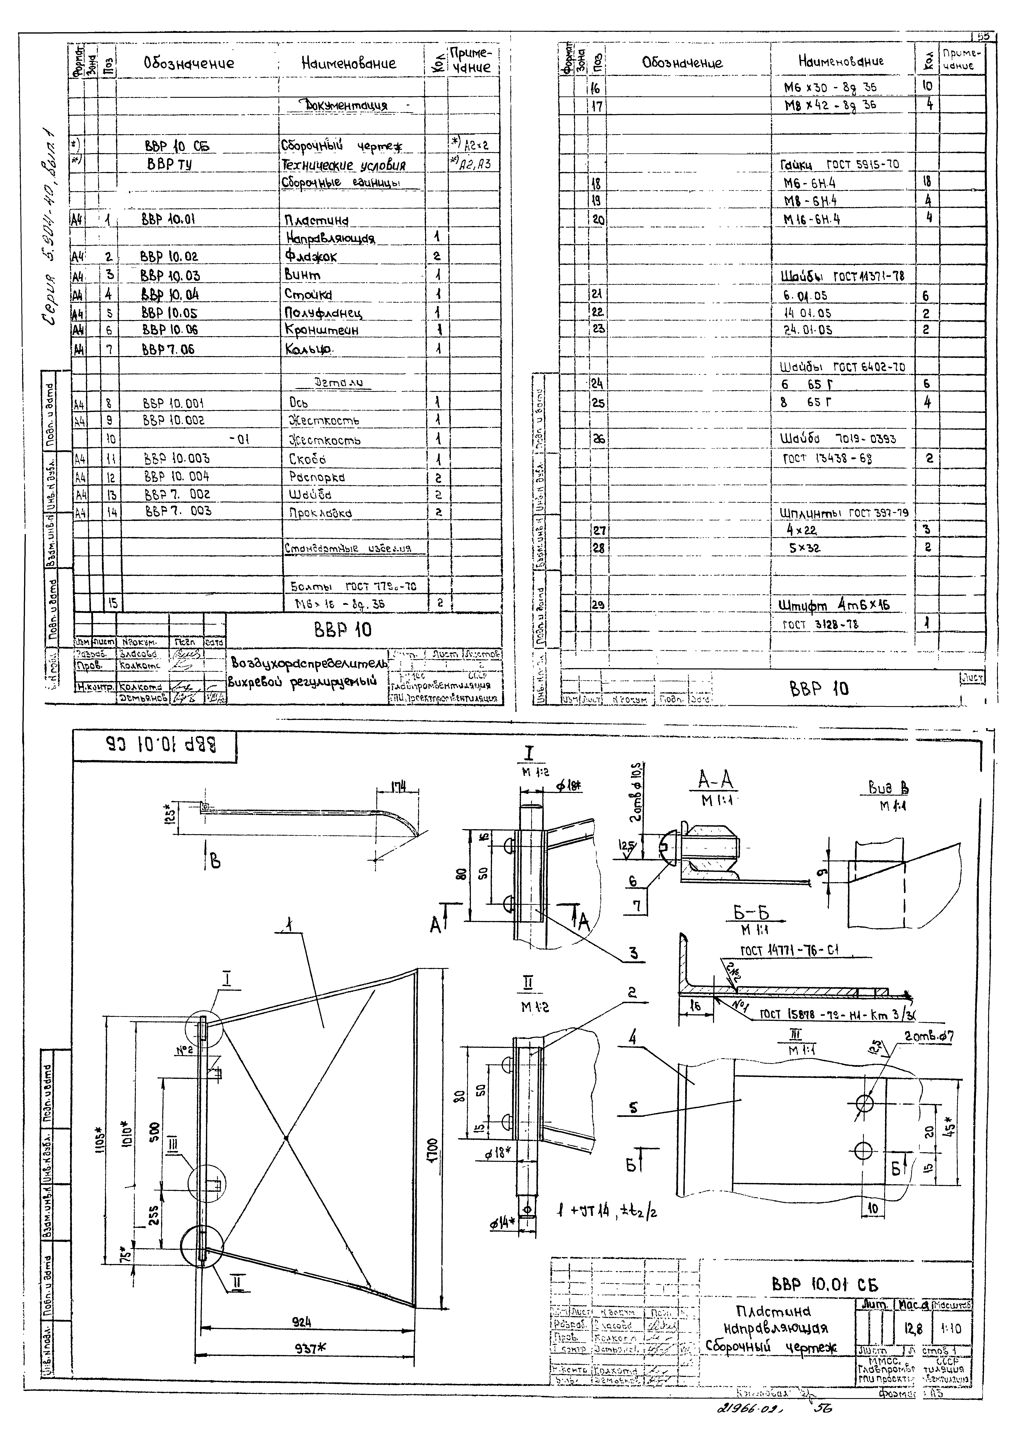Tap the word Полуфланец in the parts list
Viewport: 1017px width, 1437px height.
pos(323,313)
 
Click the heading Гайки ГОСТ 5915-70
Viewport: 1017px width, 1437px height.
pos(839,165)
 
